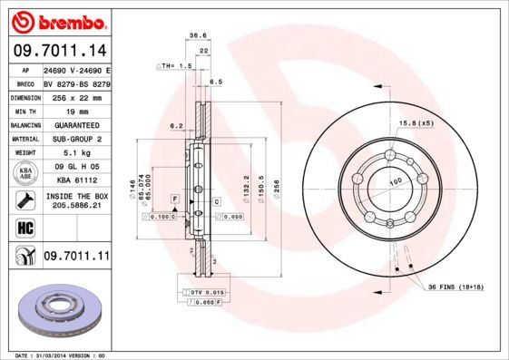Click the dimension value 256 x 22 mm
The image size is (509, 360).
(76, 96)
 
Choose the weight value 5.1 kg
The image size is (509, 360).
(76, 153)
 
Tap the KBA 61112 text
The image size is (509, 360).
(76, 180)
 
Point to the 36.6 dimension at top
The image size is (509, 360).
(193, 37)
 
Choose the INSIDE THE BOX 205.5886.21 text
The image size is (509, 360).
(76, 201)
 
